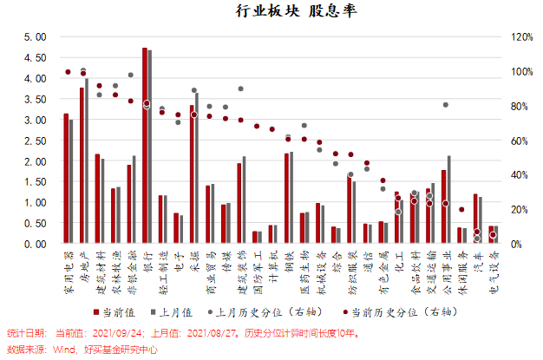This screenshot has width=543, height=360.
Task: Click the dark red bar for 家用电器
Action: coord(66,180)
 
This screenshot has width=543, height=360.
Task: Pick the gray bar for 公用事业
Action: coord(448,200)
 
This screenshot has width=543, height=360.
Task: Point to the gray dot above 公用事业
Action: coord(446,105)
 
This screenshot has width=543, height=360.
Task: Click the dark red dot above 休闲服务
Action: coord(461,210)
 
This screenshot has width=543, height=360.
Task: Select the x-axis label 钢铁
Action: coord(289,261)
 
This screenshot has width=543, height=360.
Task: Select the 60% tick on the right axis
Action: coord(520,141)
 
